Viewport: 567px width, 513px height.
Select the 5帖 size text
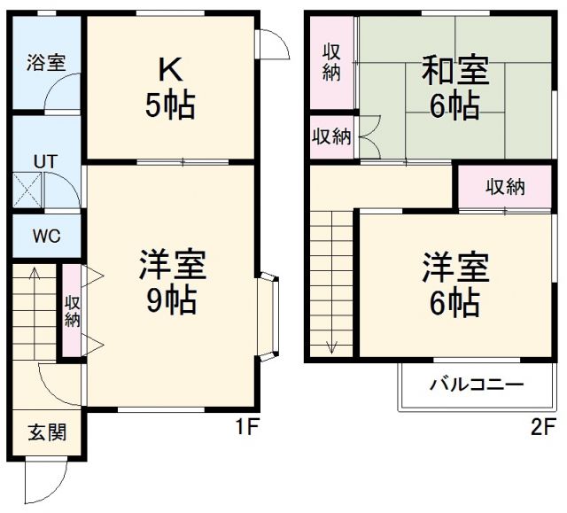pos(170,105)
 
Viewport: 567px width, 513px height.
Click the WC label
pos(45,237)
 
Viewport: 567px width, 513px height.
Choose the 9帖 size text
pos(171,301)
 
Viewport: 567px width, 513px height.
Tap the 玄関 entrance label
pos(44,433)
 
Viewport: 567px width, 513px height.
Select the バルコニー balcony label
pos(477,385)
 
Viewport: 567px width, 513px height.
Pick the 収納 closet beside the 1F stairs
pos(72,313)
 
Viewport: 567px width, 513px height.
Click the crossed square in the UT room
pos(27,190)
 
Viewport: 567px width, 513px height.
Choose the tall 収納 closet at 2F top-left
pos(331,62)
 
